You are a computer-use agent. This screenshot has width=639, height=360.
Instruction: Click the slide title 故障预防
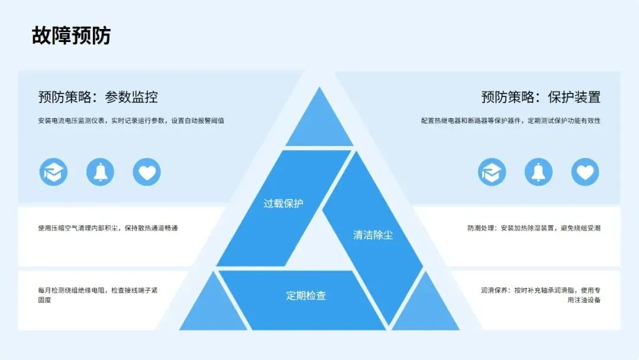click(x=71, y=36)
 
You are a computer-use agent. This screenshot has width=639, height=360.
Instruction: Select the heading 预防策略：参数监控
click(x=98, y=97)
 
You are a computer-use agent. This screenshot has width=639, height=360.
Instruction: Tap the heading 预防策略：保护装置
click(x=541, y=97)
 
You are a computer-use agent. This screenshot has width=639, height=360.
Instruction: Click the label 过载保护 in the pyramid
click(x=283, y=203)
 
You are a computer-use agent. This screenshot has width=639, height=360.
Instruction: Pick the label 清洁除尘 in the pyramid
click(x=373, y=234)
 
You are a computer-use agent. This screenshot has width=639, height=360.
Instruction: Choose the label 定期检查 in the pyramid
click(x=306, y=295)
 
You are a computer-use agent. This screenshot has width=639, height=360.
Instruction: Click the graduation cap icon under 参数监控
click(x=53, y=172)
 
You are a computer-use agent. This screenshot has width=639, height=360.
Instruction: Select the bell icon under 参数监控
click(x=100, y=172)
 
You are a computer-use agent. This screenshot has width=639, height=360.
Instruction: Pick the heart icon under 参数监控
click(x=147, y=172)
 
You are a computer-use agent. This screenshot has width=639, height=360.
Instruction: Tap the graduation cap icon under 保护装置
click(x=492, y=172)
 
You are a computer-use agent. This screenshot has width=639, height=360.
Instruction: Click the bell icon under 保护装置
click(x=538, y=172)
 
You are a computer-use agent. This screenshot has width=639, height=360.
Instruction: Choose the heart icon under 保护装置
click(x=585, y=172)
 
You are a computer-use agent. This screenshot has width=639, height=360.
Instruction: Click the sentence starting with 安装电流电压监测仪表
click(x=131, y=121)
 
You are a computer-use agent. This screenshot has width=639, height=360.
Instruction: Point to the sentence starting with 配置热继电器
click(x=511, y=121)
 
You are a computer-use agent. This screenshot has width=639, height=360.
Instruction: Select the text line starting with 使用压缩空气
click(x=108, y=228)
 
